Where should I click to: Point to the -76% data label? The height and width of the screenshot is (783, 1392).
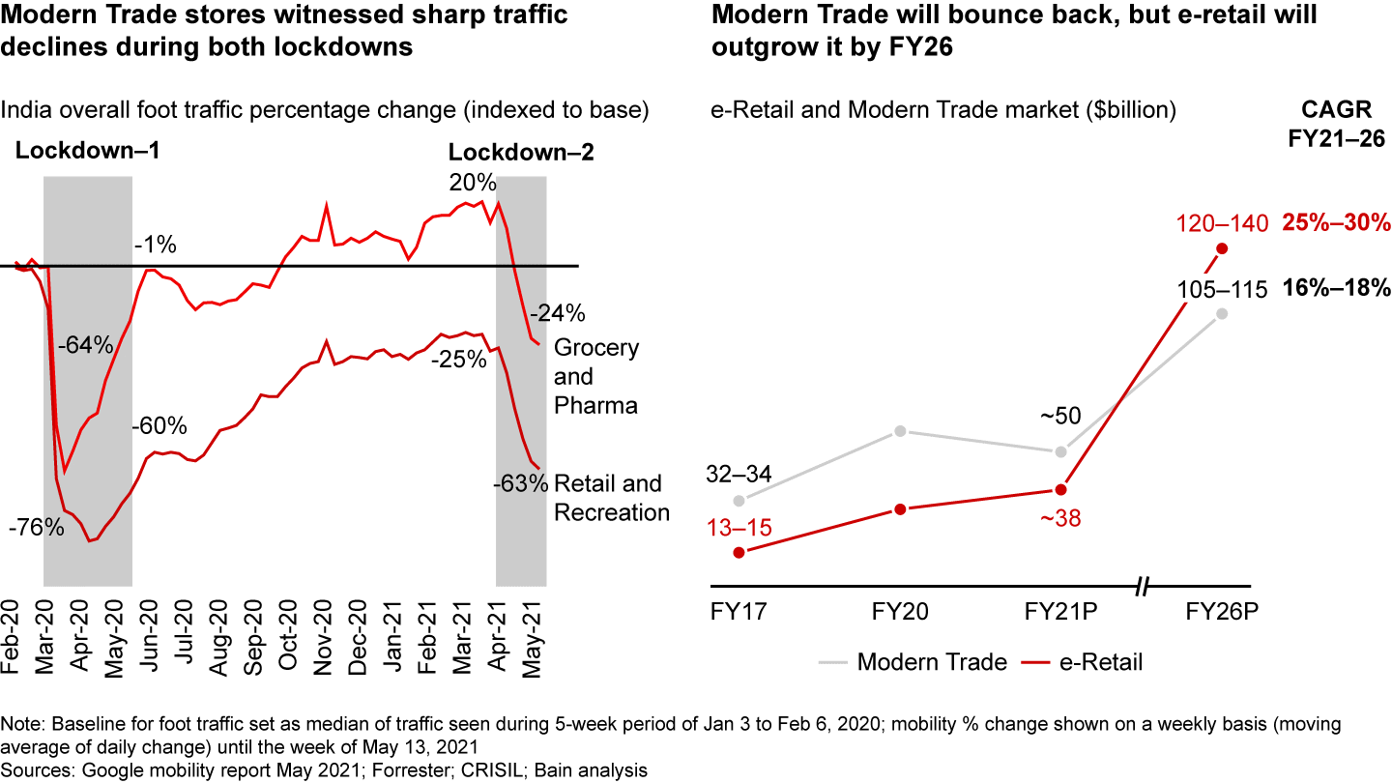coord(36,528)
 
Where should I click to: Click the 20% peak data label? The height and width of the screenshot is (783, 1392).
coord(473,184)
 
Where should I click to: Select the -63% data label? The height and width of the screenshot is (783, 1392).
coord(520,482)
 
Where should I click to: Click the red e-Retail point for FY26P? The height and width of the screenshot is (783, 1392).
coord(1223,248)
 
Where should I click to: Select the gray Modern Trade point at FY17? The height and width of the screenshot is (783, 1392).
coord(739,501)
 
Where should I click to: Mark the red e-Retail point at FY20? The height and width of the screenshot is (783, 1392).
coord(900,508)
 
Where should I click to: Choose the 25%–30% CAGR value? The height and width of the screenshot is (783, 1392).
coord(1336,223)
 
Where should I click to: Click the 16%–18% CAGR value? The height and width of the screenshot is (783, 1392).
coord(1336,287)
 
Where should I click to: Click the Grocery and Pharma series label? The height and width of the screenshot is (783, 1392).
coord(595,376)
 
